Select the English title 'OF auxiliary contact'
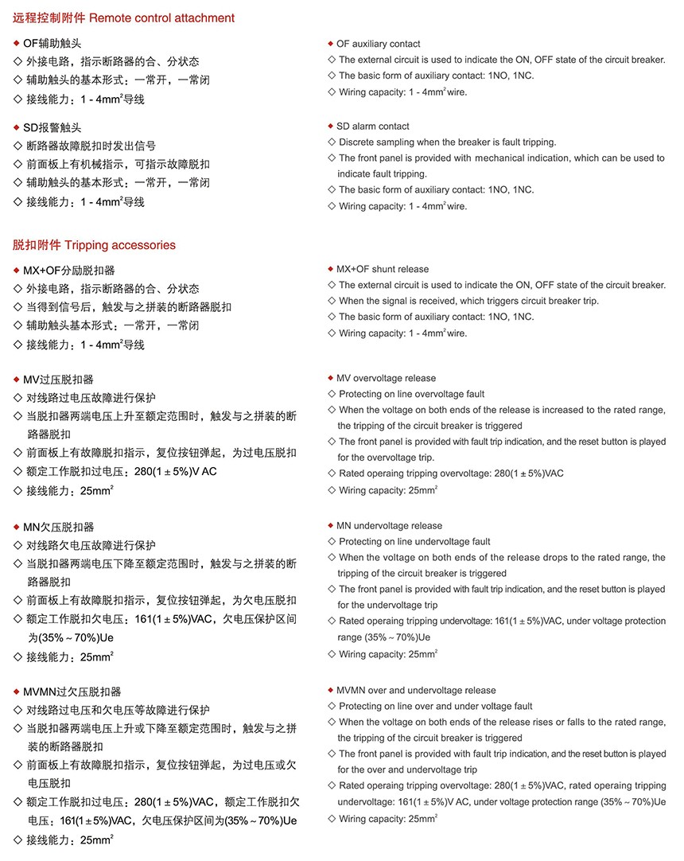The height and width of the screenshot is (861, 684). tap(378, 44)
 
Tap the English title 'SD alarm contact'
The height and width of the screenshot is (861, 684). tap(372, 127)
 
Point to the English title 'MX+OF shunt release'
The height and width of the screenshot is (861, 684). tap(382, 270)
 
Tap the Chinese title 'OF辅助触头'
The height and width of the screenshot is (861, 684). tap(52, 44)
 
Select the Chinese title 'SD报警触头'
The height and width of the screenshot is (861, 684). tap(52, 127)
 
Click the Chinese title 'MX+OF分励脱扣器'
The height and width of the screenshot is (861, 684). tap(68, 271)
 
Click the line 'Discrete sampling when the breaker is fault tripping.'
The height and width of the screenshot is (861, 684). tap(447, 142)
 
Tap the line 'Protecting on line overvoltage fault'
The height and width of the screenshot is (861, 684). tap(411, 395)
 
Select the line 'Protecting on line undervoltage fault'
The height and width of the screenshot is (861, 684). tap(414, 542)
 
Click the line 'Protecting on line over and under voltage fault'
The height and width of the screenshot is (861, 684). tap(435, 707)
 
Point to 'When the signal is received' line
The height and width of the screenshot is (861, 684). tap(468, 302)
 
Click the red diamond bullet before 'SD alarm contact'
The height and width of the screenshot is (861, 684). tap(330, 126)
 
